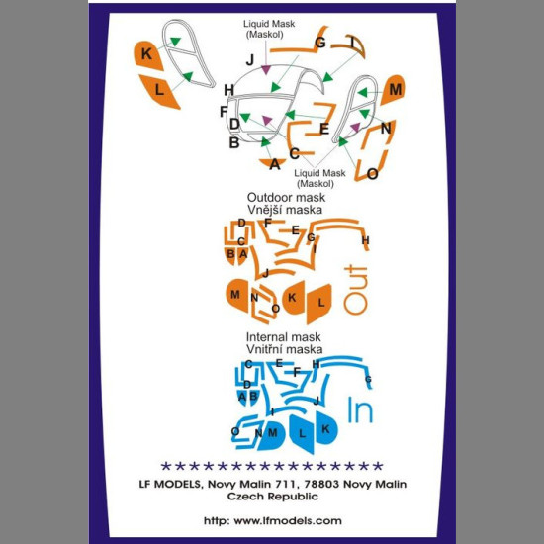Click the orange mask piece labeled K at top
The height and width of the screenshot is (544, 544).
147,55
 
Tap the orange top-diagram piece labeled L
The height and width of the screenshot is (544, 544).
159,91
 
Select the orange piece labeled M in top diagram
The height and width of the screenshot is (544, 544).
394,89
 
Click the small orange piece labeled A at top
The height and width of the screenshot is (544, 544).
273,163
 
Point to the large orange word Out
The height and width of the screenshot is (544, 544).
355,290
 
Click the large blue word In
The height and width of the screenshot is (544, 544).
360,410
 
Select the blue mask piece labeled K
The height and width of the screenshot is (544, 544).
326,427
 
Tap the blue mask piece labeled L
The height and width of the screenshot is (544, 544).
302,433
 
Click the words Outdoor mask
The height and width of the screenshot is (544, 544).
286,198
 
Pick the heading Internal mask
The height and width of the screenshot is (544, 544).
283,337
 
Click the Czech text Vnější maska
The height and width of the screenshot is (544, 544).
285,210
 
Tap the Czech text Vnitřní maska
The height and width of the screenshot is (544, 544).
285,349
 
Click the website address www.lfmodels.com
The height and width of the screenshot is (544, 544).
288,520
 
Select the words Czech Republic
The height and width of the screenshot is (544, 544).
273,497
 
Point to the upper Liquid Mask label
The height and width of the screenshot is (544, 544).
269,29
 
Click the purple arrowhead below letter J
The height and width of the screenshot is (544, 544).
266,70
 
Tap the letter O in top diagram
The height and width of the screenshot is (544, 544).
372,174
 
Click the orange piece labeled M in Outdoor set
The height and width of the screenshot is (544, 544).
237,296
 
